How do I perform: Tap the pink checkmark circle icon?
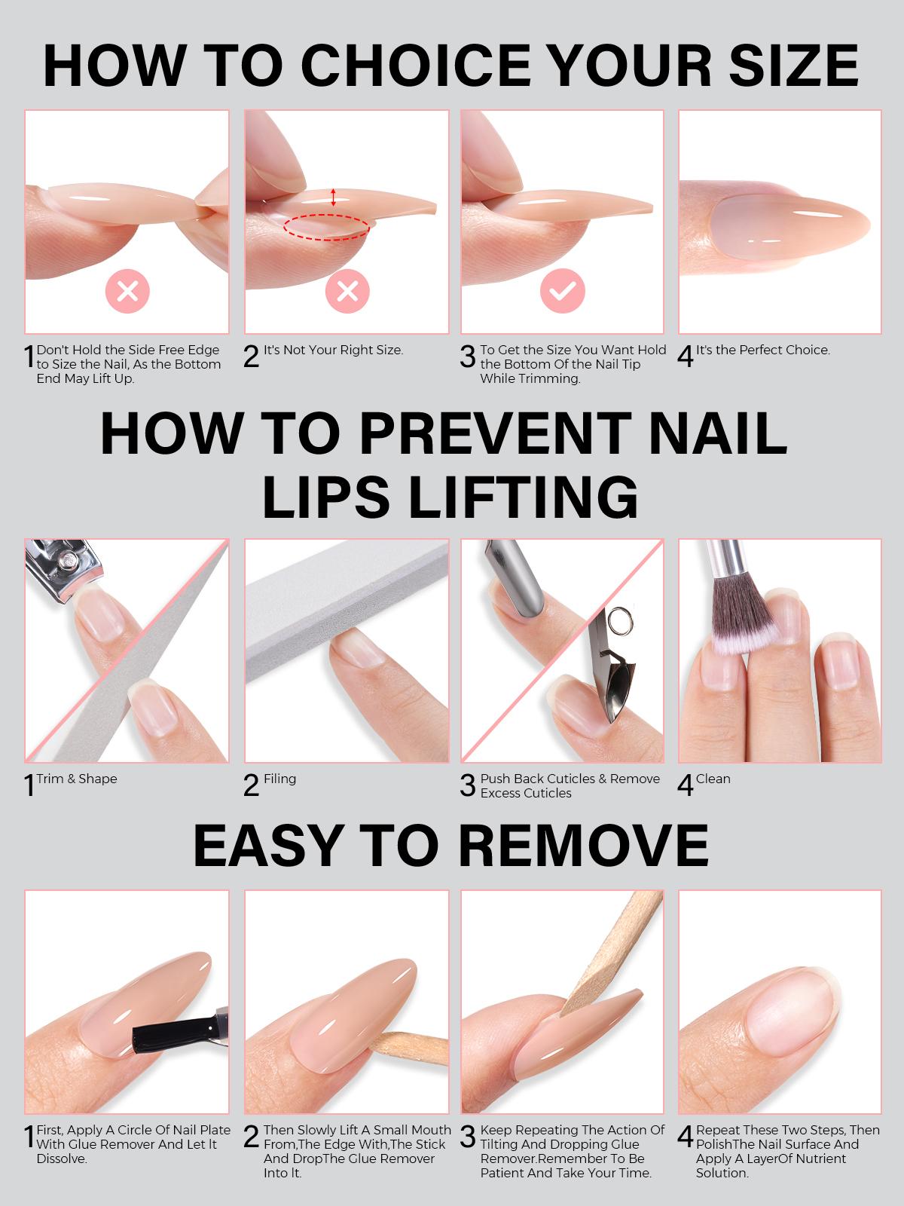point(562,290)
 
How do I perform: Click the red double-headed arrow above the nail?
point(334,197)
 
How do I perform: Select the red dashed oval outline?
point(327,226)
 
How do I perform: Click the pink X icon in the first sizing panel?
point(127,290)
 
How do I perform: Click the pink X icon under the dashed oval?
point(347,290)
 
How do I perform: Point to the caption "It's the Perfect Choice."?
point(762,350)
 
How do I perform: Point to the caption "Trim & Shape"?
point(77,779)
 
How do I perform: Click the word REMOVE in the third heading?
point(583,845)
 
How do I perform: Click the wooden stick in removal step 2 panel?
point(407,1052)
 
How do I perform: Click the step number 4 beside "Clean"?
point(685,785)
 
